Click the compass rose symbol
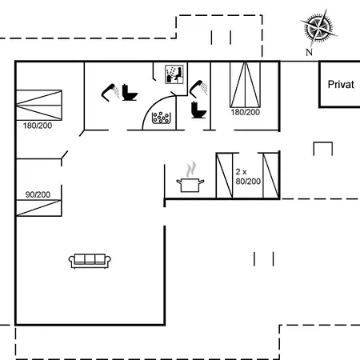318,27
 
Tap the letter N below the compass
309,52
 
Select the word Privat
341,85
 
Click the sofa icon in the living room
90,261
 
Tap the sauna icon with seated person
174,74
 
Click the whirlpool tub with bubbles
161,118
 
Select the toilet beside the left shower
130,93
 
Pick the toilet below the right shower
198,110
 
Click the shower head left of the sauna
110,92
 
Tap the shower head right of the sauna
198,89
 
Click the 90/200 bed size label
38,194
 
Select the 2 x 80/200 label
248,177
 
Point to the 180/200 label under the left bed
38,126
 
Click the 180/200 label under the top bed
246,112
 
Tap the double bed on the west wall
39,105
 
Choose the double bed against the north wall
245,85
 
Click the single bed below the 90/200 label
38,208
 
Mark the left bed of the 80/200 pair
224,176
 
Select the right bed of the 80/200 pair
271,176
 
